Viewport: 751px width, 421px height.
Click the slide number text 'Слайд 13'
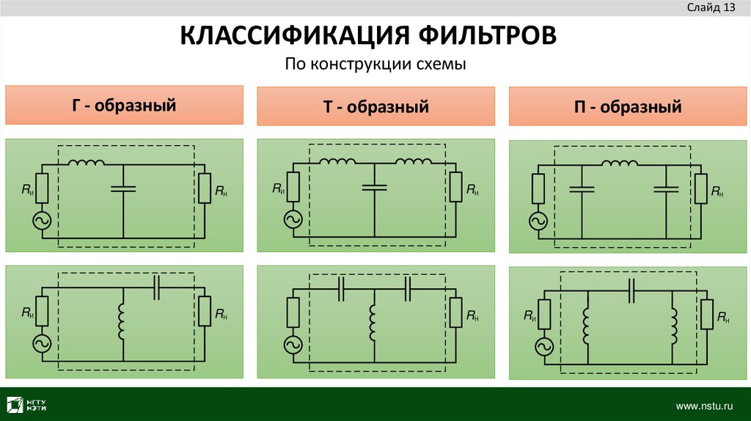(x=711, y=8)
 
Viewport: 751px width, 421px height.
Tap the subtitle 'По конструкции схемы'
(x=375, y=65)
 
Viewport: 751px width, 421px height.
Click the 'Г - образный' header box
(x=124, y=105)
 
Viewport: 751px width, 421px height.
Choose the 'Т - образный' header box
(x=375, y=107)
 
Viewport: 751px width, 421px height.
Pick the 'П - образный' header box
(x=628, y=107)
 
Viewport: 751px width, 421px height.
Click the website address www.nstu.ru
(x=704, y=405)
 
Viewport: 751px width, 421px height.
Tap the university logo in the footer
(x=29, y=405)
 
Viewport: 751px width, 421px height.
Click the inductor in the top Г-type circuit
(x=86, y=163)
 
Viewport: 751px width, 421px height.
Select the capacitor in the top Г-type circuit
(x=123, y=189)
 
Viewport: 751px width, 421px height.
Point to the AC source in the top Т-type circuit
(x=293, y=219)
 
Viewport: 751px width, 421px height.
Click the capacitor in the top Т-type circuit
(x=374, y=188)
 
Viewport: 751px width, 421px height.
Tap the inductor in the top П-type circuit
(x=618, y=164)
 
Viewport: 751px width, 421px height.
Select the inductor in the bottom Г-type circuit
(x=123, y=323)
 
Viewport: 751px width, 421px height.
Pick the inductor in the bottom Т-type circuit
(x=374, y=323)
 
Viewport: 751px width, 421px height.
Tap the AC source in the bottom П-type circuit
(x=545, y=347)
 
